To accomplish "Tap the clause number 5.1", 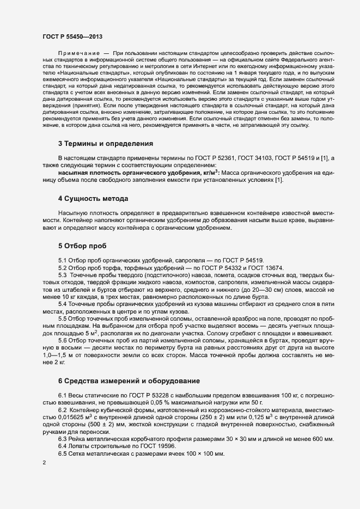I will (62, 260).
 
